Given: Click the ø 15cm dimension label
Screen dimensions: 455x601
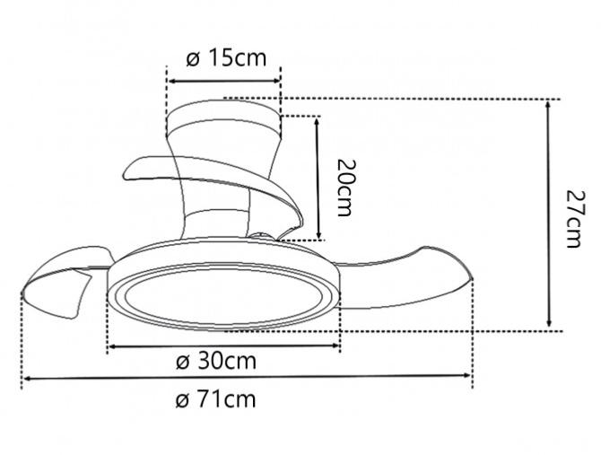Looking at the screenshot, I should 226,59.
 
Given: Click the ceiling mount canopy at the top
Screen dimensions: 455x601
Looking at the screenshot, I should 225,118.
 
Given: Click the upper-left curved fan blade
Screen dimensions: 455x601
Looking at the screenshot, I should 148,169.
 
